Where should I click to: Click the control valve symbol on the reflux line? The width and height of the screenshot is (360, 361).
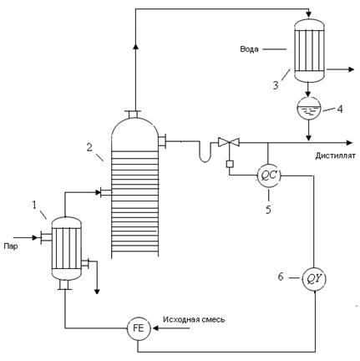tap(229, 142)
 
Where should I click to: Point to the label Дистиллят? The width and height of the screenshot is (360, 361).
tap(335, 155)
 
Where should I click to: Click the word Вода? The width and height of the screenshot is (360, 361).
tap(249, 49)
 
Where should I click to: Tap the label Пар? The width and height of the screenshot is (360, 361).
tap(11, 247)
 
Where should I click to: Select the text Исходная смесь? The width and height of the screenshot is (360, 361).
tap(194, 319)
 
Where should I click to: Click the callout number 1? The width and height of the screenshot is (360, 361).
tap(34, 206)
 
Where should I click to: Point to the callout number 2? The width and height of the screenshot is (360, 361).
tap(89, 147)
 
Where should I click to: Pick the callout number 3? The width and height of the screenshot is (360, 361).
tap(276, 85)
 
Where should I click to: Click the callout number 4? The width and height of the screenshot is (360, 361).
tap(340, 109)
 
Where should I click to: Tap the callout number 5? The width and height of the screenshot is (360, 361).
tap(268, 210)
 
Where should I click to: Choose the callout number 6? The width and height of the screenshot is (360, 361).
tap(281, 277)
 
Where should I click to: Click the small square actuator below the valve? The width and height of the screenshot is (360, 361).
tap(230, 164)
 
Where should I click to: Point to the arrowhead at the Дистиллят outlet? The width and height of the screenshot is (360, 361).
tap(349, 143)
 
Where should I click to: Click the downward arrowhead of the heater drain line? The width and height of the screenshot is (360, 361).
tap(97, 291)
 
